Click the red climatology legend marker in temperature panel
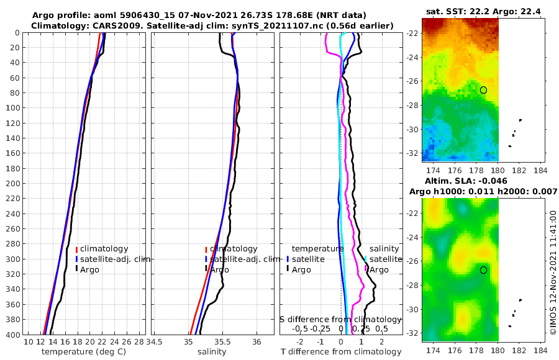76,250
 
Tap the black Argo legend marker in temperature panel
76,270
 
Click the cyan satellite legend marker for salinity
366,259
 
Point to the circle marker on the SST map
483,90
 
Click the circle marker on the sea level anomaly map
483,270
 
